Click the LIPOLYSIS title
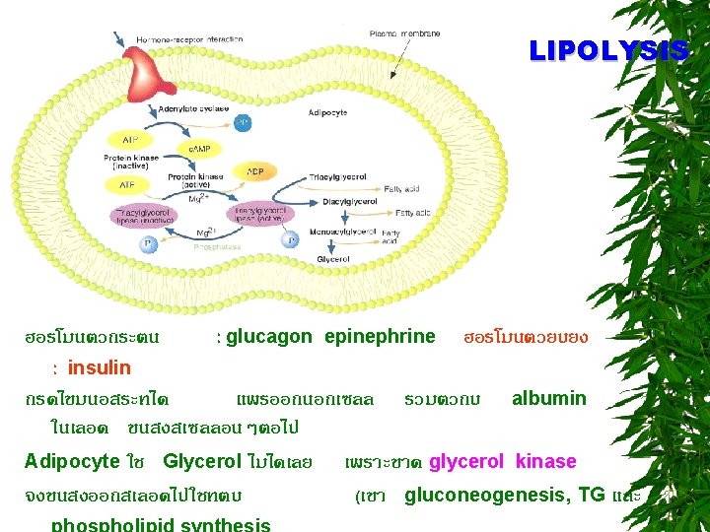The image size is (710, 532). [607, 51]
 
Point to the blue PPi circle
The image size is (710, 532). [242, 123]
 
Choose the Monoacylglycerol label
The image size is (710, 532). [343, 232]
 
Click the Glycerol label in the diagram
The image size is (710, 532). [332, 259]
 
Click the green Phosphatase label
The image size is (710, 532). [214, 248]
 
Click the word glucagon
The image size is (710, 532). [268, 337]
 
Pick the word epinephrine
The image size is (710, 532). [379, 337]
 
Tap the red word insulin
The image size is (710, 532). [99, 368]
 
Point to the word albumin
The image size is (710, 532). [548, 399]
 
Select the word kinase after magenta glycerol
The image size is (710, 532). [545, 461]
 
